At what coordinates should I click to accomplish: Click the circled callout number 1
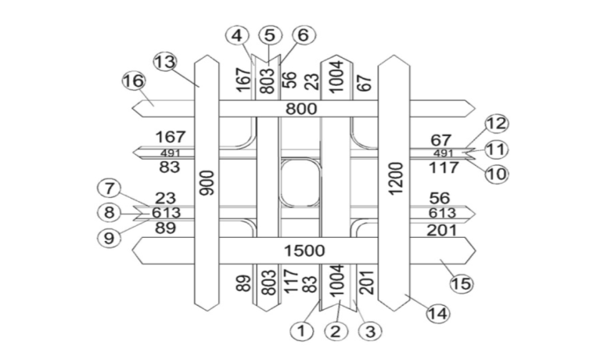[x=301, y=331]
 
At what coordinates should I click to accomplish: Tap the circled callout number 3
[x=369, y=331]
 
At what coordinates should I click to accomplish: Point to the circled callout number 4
[x=238, y=35]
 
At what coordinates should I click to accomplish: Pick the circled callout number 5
[x=270, y=35]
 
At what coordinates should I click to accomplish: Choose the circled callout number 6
[x=302, y=35]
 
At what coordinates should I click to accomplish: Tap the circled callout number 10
[x=496, y=174]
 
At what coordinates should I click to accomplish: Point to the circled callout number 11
[x=496, y=149]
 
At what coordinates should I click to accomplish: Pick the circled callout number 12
[x=496, y=124]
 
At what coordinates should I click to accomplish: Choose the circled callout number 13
[x=165, y=62]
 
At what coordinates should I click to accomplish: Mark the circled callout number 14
[x=439, y=315]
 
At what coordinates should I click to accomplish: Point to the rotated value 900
[x=207, y=185]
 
